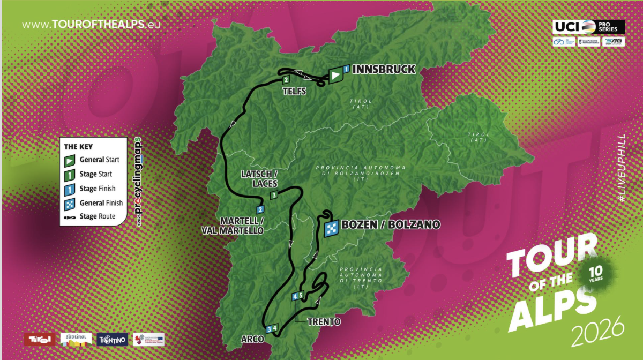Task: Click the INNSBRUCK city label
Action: [384, 69]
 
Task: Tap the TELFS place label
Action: [294, 92]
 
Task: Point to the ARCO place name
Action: [251, 339]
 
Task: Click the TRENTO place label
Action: [324, 321]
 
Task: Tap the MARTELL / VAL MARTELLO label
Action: [241, 226]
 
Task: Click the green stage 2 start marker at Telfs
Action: [286, 80]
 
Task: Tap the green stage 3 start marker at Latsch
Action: [274, 195]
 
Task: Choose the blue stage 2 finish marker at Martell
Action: [260, 210]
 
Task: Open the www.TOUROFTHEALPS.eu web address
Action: [91, 25]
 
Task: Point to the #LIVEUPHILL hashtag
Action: [622, 168]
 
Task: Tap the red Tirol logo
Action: [40, 339]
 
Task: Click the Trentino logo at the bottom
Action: [112, 339]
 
